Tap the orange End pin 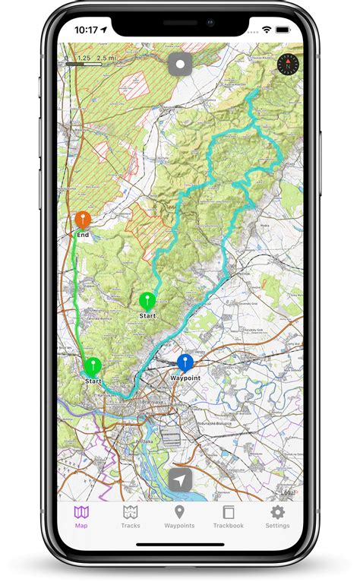[83, 220]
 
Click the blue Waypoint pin [185, 362]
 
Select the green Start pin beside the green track [93, 366]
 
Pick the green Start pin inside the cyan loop [147, 301]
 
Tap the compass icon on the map [289, 64]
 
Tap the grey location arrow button [180, 480]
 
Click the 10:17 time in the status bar [87, 30]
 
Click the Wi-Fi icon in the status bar [267, 30]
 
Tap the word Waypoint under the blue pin [185, 378]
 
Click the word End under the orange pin [83, 236]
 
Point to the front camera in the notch [210, 23]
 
